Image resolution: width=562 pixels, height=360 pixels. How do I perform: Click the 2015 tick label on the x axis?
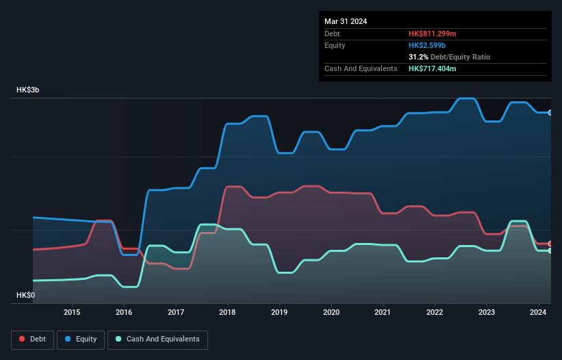click(x=72, y=312)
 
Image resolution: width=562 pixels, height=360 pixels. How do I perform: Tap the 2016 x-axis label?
click(x=124, y=312)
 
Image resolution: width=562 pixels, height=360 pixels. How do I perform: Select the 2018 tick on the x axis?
click(x=227, y=312)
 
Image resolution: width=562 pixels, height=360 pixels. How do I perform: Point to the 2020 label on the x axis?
click(x=331, y=312)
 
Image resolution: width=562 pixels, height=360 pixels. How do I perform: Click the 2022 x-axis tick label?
click(x=435, y=312)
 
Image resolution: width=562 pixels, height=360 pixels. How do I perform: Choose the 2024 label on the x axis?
click(x=538, y=312)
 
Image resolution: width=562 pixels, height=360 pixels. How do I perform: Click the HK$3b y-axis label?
click(x=28, y=90)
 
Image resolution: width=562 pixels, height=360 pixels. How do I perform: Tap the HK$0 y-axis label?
click(x=25, y=295)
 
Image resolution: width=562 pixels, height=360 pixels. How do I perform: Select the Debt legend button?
click(x=33, y=339)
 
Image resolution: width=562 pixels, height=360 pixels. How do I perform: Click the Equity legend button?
click(x=81, y=339)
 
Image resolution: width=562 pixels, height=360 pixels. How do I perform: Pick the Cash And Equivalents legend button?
click(x=157, y=339)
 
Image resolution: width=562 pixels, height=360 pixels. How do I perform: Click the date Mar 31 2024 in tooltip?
click(x=346, y=21)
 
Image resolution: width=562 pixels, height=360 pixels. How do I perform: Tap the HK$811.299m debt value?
click(x=432, y=34)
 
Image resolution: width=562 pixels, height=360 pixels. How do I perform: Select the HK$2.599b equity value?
click(x=426, y=45)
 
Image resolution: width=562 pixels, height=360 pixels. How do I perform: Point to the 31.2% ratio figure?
click(x=420, y=57)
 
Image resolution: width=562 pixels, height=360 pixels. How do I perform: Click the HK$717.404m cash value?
click(x=432, y=68)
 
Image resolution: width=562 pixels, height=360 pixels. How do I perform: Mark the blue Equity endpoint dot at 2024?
click(x=550, y=112)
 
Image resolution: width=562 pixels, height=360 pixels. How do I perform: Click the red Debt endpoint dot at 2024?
click(x=550, y=244)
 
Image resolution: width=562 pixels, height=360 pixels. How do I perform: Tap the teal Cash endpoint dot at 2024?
click(x=550, y=251)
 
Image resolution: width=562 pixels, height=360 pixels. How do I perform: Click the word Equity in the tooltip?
click(x=335, y=45)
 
